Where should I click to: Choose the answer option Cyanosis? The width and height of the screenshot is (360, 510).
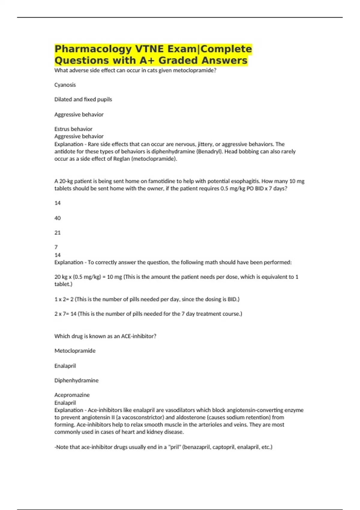[x=65, y=85]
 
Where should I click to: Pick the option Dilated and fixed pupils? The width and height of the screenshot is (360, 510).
[x=83, y=100]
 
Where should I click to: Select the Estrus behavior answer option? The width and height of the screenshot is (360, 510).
[x=73, y=129]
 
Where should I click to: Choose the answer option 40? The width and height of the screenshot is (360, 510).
[x=58, y=218]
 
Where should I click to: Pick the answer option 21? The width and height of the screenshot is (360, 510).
[x=58, y=232]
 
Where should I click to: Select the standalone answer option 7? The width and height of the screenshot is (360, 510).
[x=56, y=247]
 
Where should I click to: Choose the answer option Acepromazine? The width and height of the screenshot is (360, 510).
[x=72, y=395]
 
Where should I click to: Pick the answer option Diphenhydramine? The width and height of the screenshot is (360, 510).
[x=76, y=380]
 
